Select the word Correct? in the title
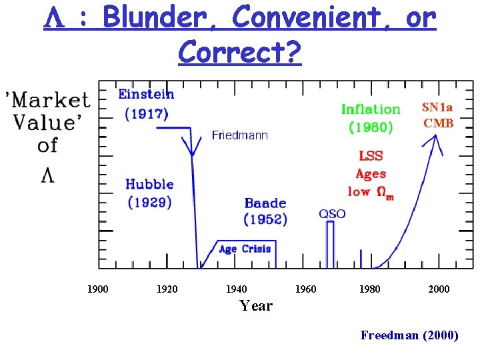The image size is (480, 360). click(x=240, y=51)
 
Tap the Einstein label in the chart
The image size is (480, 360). click(x=146, y=94)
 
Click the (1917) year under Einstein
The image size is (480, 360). click(x=147, y=113)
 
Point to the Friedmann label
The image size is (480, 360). click(x=239, y=135)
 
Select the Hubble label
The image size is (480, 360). click(x=149, y=184)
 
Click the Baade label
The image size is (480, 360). click(x=265, y=203)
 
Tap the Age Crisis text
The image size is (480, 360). click(x=245, y=249)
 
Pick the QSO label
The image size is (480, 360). click(x=332, y=213)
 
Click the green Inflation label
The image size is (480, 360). click(x=371, y=109)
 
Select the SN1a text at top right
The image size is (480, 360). click(x=437, y=107)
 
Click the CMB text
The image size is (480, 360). click(x=438, y=123)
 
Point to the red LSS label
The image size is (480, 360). click(x=371, y=156)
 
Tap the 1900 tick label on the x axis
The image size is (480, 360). click(x=98, y=289)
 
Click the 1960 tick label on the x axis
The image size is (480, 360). click(x=305, y=289)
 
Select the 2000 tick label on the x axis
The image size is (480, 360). click(x=439, y=289)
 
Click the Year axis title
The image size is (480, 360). click(x=256, y=305)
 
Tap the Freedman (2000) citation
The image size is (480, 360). click(x=409, y=335)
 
